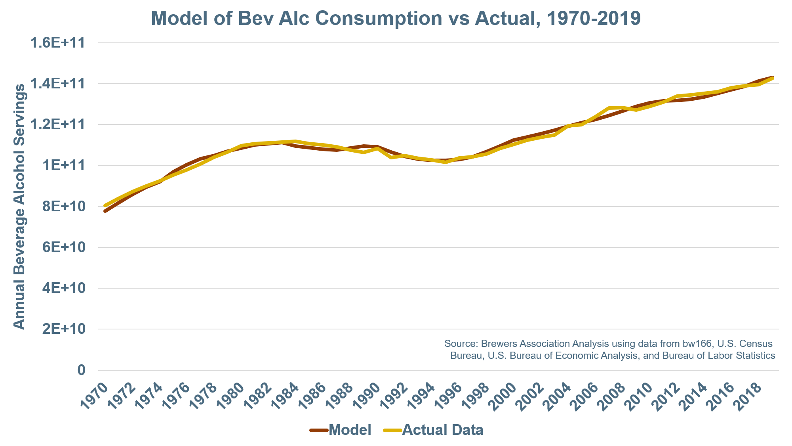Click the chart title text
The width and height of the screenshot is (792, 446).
(396, 18)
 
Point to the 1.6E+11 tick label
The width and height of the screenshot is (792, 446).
(58, 42)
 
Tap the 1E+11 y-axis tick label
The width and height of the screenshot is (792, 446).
(64, 165)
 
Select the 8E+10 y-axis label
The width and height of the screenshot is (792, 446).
(64, 206)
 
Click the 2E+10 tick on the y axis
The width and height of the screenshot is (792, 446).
(64, 329)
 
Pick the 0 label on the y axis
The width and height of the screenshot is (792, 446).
(81, 370)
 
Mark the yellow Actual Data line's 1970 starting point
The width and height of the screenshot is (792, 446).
(105, 205)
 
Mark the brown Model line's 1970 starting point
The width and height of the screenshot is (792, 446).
(105, 211)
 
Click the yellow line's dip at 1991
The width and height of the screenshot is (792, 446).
(391, 157)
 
